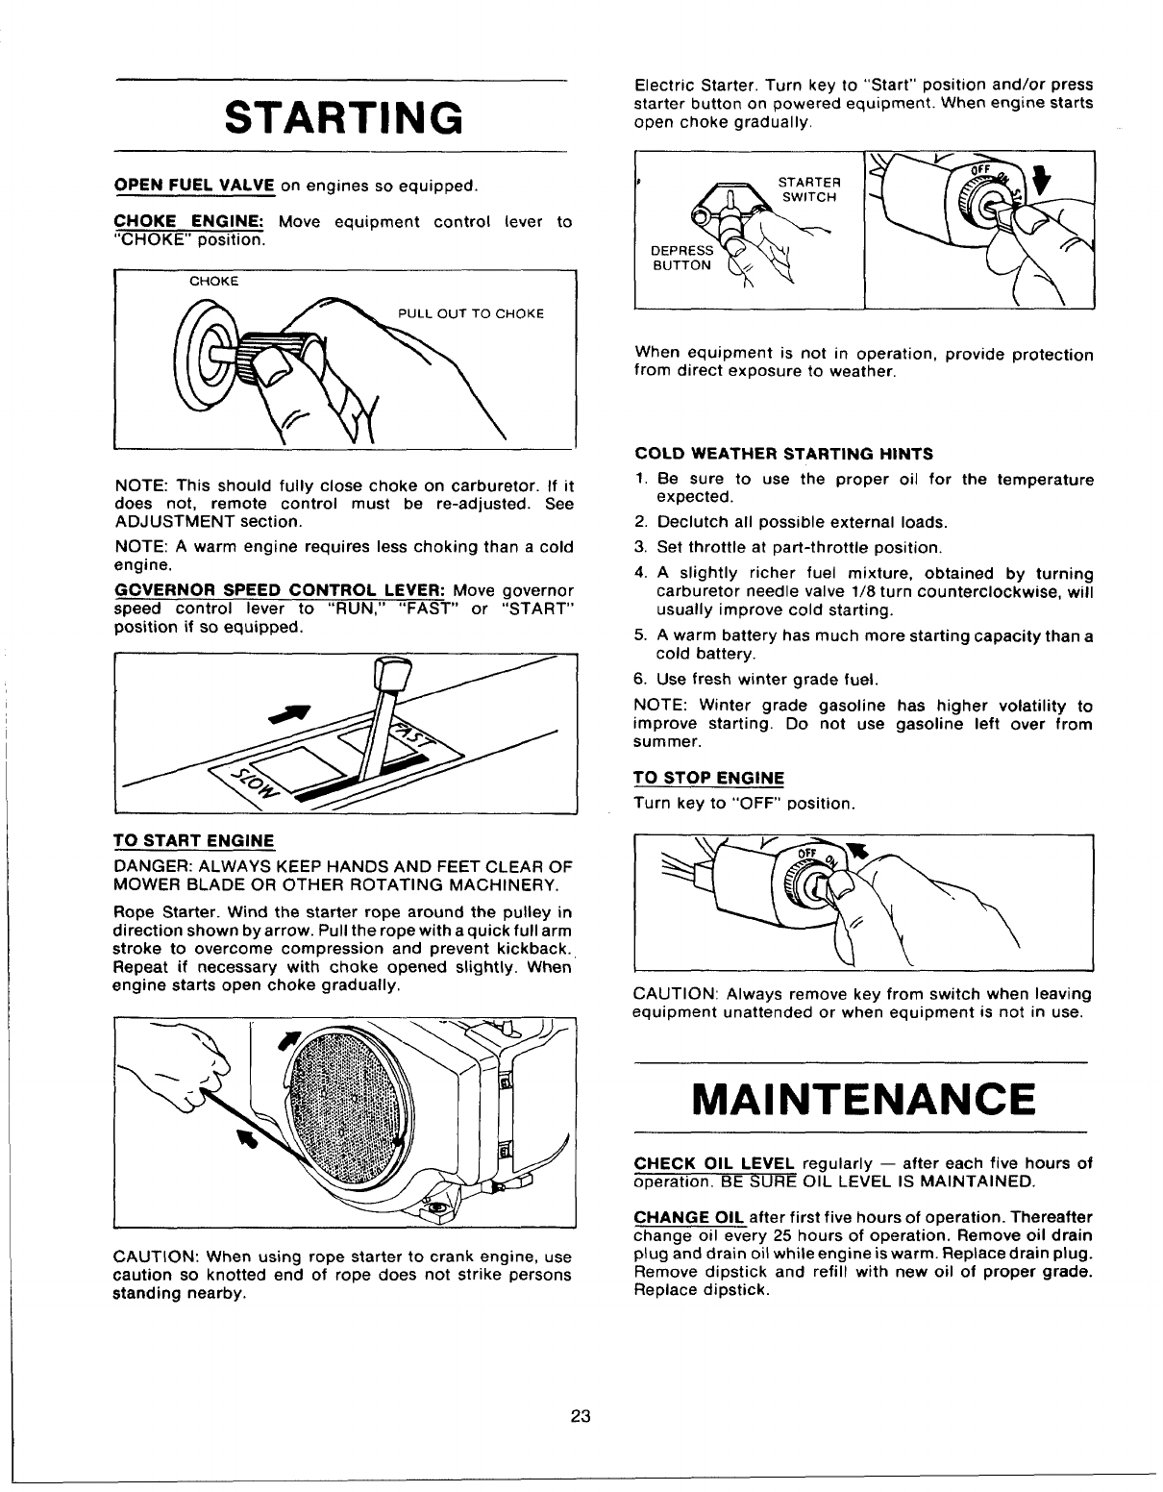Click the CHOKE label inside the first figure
point(213,282)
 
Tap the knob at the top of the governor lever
point(391,670)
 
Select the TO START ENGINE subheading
point(193,840)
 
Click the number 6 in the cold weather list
point(640,680)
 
